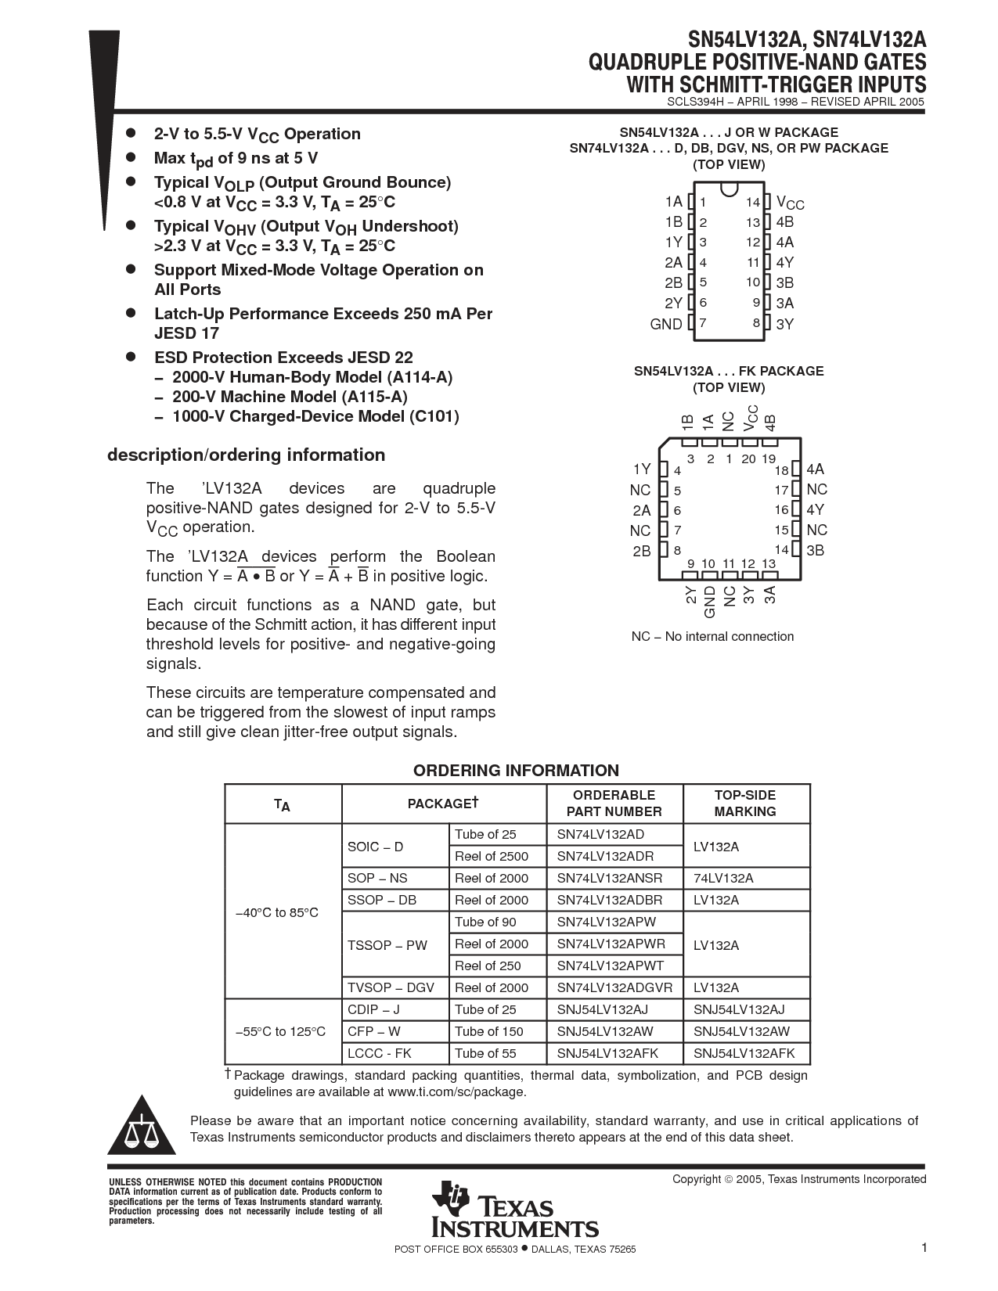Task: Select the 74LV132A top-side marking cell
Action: pyautogui.click(x=723, y=878)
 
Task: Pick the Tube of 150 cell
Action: pyautogui.click(x=488, y=1031)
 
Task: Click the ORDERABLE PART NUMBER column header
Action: pyautogui.click(x=614, y=804)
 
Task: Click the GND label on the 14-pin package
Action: pyautogui.click(x=666, y=324)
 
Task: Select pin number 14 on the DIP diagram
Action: pyautogui.click(x=752, y=203)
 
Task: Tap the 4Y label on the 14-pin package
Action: pyautogui.click(x=785, y=263)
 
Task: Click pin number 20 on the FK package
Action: pyautogui.click(x=748, y=459)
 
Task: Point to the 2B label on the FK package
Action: pyautogui.click(x=642, y=551)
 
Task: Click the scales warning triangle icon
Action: pyautogui.click(x=141, y=1127)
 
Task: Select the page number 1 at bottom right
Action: pyautogui.click(x=924, y=1248)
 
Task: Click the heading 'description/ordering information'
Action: pyautogui.click(x=246, y=455)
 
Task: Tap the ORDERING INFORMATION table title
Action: pyautogui.click(x=516, y=771)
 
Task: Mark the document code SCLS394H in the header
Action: pyautogui.click(x=695, y=102)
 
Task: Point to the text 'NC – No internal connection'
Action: pyautogui.click(x=712, y=637)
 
